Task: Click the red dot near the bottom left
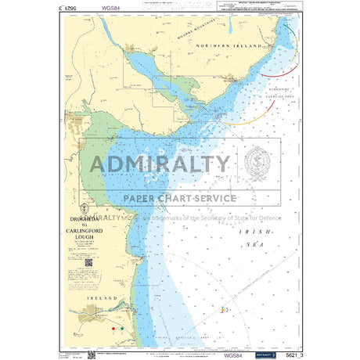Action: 114,329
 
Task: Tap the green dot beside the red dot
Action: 121,328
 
